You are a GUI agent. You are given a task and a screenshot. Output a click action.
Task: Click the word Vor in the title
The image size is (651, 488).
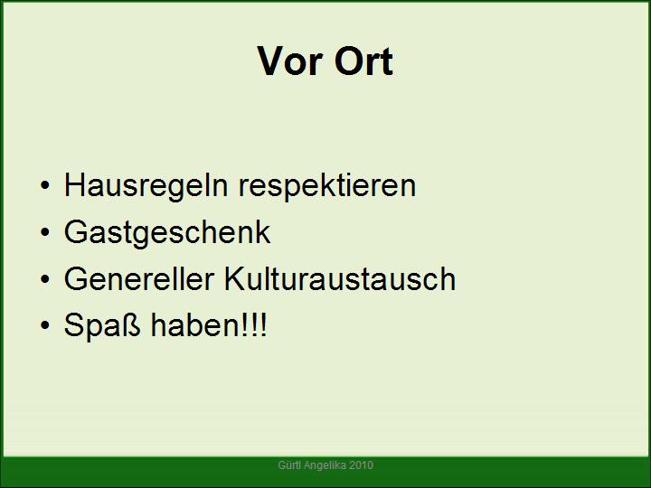tap(289, 61)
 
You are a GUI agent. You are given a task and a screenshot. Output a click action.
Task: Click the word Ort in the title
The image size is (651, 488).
tap(363, 61)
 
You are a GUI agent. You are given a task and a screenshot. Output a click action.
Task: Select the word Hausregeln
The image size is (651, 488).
tap(146, 185)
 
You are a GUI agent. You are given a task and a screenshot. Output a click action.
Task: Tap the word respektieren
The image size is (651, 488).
tap(327, 186)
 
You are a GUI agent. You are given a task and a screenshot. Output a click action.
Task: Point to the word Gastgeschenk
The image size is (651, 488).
tap(167, 233)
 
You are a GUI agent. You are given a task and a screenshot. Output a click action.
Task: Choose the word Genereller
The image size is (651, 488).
tap(139, 278)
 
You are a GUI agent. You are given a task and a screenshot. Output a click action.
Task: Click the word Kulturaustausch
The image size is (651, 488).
tap(340, 278)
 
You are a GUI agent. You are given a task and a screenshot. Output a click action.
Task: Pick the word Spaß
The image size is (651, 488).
tap(102, 326)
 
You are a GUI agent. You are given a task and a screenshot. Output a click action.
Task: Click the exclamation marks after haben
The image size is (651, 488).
tap(254, 324)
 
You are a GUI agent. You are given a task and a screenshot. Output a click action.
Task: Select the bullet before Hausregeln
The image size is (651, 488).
tap(45, 185)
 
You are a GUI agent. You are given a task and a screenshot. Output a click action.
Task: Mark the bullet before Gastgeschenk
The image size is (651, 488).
tap(45, 232)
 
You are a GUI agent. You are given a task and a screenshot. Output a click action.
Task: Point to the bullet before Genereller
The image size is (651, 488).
tap(45, 278)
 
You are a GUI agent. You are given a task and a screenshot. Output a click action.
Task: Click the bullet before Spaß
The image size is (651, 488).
tap(45, 325)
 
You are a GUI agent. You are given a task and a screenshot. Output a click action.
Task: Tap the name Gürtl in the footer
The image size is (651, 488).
tap(289, 465)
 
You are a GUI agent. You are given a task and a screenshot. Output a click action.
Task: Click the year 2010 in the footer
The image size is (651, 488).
tap(361, 465)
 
